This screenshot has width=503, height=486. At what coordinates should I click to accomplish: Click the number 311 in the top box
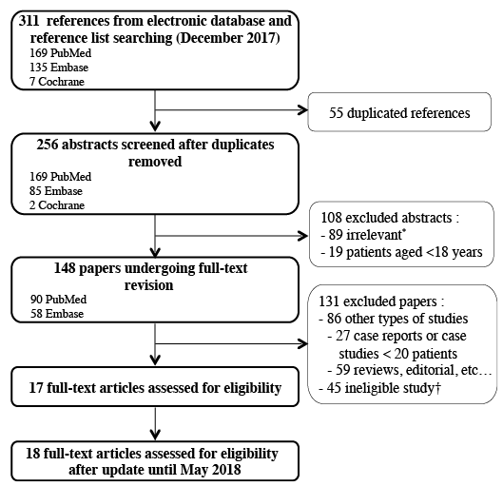click(29, 21)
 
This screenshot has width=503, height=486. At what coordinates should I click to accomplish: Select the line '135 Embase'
click(59, 68)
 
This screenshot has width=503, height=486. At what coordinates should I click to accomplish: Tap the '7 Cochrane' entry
click(57, 82)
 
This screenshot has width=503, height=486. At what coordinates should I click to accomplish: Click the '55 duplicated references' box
click(399, 112)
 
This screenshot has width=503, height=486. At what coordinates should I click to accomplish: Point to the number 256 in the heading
click(48, 145)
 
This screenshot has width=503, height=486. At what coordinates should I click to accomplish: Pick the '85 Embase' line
click(56, 191)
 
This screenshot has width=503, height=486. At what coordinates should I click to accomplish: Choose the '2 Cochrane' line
click(57, 205)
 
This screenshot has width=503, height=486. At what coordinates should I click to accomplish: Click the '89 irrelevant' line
click(363, 235)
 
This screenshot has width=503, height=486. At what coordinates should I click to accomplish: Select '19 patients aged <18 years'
click(401, 252)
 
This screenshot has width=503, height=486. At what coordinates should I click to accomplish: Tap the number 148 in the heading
click(65, 268)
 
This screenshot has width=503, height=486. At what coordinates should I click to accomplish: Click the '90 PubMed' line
click(58, 300)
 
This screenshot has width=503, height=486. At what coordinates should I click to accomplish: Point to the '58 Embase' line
click(57, 314)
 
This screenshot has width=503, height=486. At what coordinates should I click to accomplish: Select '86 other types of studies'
click(394, 319)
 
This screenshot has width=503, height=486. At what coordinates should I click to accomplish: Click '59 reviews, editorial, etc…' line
click(410, 370)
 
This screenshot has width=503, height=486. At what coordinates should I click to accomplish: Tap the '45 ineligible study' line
click(379, 388)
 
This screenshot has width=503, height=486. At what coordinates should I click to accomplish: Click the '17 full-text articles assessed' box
click(155, 387)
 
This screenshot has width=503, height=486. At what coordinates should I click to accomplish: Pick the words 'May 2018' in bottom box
click(211, 470)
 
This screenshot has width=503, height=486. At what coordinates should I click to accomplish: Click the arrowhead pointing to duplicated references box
click(303, 110)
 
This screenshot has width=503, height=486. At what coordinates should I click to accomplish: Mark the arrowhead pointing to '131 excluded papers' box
click(303, 344)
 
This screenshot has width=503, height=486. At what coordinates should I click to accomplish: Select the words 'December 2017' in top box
click(228, 38)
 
